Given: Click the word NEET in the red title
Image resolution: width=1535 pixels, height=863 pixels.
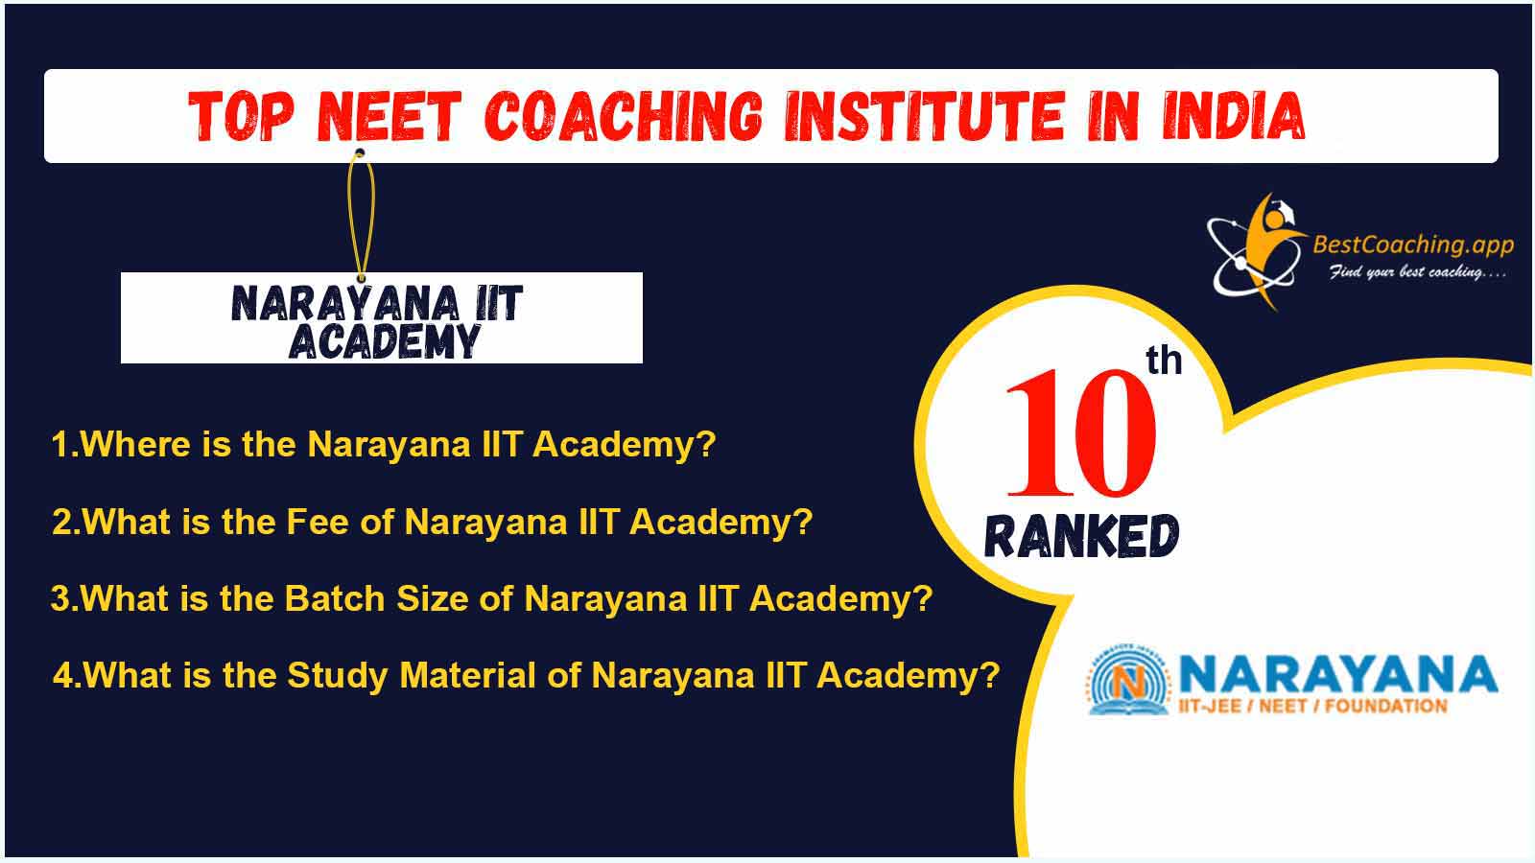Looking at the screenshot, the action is point(389,116).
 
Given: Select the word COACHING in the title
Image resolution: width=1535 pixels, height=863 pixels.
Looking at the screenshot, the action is point(624,116).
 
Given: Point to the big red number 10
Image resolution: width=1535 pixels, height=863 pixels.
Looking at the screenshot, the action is point(1080,432).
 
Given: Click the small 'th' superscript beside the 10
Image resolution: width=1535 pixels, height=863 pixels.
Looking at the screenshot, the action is point(1164,361).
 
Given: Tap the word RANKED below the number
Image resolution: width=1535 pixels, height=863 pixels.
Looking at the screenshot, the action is point(1081,536).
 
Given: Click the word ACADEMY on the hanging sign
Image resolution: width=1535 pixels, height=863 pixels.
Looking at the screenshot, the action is point(384,341).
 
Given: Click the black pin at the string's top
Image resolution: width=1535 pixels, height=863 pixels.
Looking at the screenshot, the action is point(360,152).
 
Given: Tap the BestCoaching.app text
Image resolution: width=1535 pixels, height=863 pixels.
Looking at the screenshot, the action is point(1413,245).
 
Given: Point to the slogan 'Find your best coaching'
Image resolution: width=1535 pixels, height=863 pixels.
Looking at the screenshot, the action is point(1418,272).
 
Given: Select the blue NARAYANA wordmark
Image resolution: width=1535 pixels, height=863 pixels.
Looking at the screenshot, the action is point(1337,674).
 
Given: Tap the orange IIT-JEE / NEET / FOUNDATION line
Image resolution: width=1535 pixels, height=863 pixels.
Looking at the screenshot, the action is point(1312,706).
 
